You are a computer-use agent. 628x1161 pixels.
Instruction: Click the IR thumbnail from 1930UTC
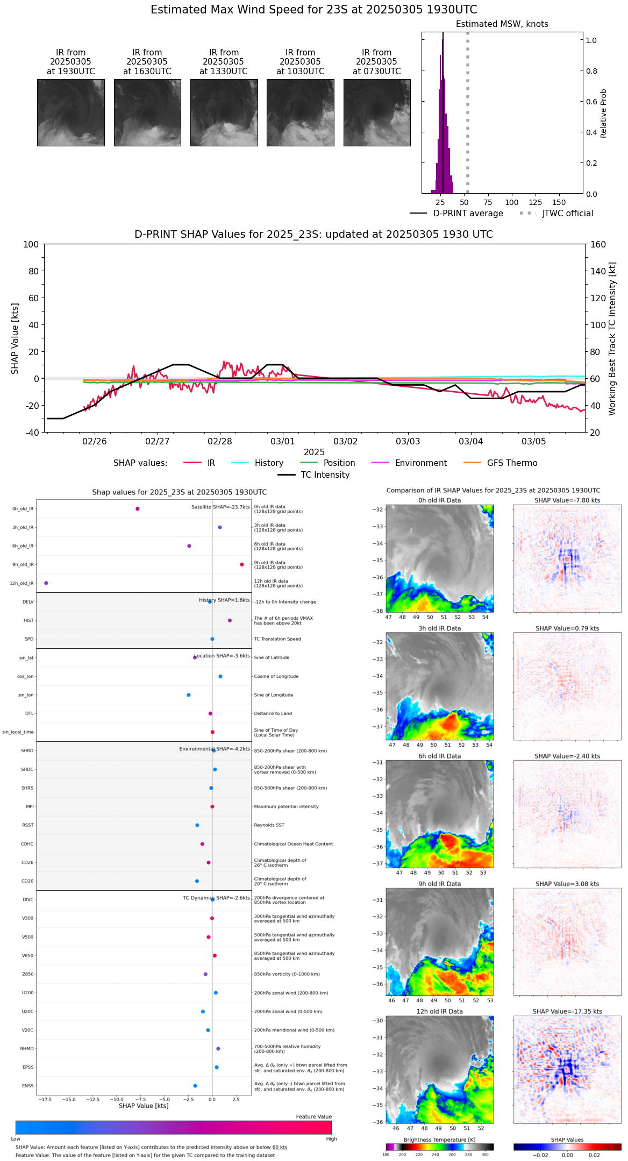(70, 112)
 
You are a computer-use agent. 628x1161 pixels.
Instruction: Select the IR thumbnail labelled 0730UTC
(377, 112)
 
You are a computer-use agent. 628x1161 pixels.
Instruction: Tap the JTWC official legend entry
(567, 214)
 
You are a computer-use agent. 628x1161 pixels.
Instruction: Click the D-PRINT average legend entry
(468, 214)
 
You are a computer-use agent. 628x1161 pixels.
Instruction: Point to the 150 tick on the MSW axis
(559, 202)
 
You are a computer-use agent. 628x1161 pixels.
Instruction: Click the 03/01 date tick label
(283, 442)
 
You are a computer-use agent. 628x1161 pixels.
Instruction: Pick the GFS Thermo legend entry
(512, 463)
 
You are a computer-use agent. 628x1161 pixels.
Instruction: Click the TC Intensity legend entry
(325, 475)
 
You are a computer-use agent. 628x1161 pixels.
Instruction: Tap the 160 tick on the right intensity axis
(598, 244)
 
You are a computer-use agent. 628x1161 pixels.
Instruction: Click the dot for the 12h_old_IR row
(46, 583)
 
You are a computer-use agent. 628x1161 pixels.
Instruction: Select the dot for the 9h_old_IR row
(242, 564)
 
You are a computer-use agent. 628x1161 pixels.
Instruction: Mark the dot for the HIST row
(230, 620)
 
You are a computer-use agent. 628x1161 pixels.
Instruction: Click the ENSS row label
(27, 1086)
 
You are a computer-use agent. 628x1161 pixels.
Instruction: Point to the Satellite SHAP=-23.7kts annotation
(220, 507)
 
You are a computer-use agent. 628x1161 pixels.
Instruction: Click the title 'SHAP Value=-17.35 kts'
(567, 1011)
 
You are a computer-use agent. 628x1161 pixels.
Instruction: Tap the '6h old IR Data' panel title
(439, 756)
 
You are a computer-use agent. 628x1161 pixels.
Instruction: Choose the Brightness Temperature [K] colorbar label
(439, 1139)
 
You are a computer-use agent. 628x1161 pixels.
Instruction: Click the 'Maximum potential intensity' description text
(286, 806)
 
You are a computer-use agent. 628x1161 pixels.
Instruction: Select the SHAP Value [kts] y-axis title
(15, 338)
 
